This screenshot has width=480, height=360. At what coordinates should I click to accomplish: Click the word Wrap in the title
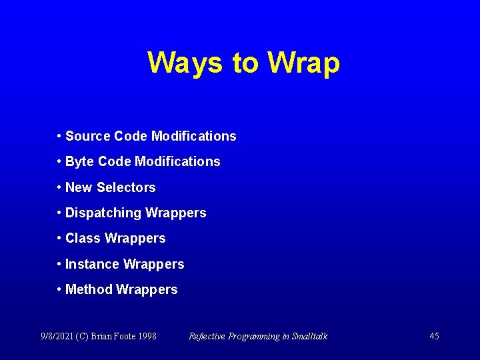(303, 63)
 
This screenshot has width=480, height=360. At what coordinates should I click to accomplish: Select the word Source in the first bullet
(88, 136)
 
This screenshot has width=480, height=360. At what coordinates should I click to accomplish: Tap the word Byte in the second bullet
(79, 162)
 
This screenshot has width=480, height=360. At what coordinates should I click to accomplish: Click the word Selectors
(126, 187)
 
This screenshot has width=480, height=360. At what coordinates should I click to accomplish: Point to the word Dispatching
(103, 213)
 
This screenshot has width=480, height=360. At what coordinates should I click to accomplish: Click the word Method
(89, 289)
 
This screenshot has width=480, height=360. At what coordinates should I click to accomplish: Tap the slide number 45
(434, 336)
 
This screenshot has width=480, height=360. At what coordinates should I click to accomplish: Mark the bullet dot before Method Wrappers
(59, 289)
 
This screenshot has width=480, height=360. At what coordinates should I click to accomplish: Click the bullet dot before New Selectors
(59, 187)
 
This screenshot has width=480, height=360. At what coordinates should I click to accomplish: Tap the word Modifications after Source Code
(193, 136)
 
